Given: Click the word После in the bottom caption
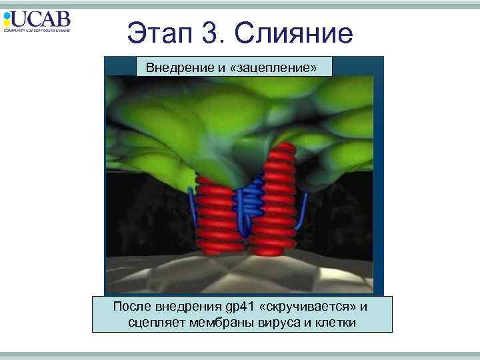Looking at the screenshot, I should [x=132, y=307].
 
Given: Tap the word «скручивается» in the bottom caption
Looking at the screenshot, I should [x=313, y=307].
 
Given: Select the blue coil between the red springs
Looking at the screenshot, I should [x=251, y=200].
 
